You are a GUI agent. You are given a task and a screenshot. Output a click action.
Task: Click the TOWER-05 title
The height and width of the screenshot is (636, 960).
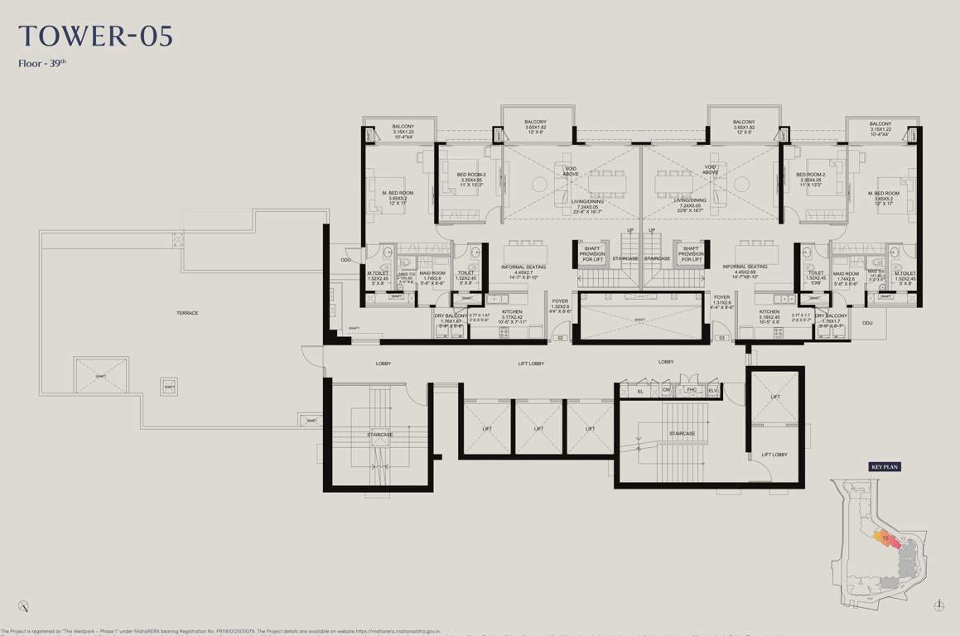tap(95, 37)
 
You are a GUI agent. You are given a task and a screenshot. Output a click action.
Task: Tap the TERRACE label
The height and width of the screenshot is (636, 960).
tap(187, 312)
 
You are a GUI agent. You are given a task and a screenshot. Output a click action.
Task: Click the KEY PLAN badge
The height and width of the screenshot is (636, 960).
tap(884, 467)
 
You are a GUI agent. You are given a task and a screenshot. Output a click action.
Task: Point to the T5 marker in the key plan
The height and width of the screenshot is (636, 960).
tap(885, 540)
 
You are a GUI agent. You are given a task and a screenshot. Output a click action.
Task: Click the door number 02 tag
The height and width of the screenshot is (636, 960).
tap(560, 338)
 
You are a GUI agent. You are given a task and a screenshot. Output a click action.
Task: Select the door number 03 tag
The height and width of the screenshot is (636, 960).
tap(722, 338)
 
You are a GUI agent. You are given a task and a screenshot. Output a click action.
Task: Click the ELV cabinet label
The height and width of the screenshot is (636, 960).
tap(713, 389)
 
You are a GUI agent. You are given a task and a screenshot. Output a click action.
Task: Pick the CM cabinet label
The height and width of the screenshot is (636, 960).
tap(666, 389)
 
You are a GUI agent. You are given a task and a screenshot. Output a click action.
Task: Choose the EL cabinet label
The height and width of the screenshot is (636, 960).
tap(640, 389)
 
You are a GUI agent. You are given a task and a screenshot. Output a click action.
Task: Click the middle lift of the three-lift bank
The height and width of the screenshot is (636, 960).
tap(538, 428)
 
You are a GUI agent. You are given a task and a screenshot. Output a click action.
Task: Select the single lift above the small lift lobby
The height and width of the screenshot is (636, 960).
tap(774, 397)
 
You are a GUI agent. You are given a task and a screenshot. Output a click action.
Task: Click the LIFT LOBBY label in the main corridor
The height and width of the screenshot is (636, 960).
tap(530, 363)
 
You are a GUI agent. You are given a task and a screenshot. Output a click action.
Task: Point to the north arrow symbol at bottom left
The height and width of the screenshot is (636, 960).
tap(27, 605)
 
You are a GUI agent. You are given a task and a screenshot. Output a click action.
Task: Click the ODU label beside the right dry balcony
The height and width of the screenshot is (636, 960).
tap(867, 323)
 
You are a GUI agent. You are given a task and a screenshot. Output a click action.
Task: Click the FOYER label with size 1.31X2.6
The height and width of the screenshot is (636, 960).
tap(722, 299)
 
